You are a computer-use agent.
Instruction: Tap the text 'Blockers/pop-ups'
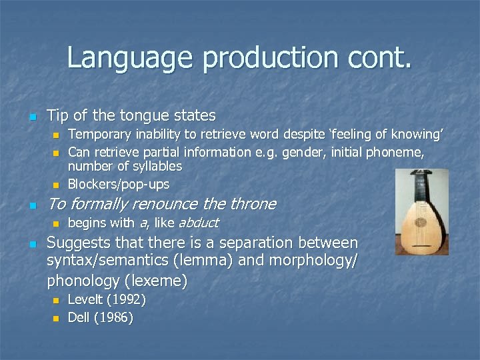[x=119, y=184]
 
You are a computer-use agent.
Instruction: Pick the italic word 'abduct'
[x=198, y=223]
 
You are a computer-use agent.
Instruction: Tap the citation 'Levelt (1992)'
[x=107, y=300]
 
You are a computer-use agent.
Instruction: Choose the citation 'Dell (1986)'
[x=100, y=318]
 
